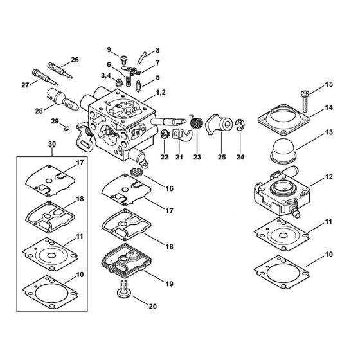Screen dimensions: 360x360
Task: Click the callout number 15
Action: coord(330,85)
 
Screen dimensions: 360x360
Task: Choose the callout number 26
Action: coord(75,60)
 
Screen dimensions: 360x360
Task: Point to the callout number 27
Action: coord(26,84)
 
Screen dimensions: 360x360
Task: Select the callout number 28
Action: coord(39,110)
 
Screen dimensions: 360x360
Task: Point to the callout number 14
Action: coord(330,107)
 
